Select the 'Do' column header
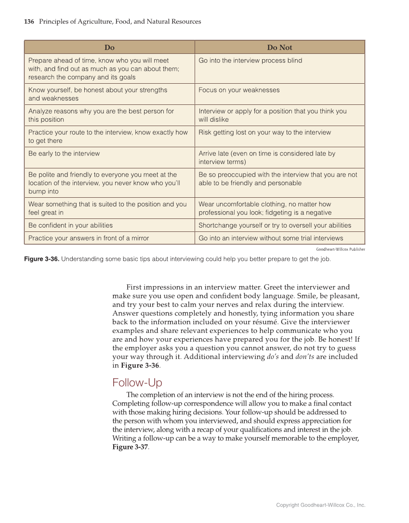click(109, 47)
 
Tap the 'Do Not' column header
click(279, 47)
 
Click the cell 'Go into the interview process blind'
click(250, 61)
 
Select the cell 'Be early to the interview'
click(64, 153)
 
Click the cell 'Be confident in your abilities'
click(70, 225)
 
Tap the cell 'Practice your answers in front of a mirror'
click(89, 238)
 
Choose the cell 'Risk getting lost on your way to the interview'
click(264, 132)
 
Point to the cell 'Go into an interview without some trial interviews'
click(271, 238)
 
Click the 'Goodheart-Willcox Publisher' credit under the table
click(340, 249)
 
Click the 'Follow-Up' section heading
click(137, 383)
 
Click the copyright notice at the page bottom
click(320, 505)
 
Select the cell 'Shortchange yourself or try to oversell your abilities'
click(275, 225)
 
